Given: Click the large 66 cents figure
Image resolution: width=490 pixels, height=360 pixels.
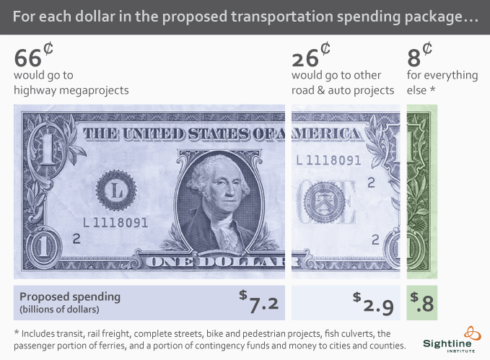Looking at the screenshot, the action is pyautogui.click(x=34, y=56).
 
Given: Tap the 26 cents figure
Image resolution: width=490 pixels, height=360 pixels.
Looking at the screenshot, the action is pyautogui.click(x=311, y=56).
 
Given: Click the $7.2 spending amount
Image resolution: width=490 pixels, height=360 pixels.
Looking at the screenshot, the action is pyautogui.click(x=259, y=302).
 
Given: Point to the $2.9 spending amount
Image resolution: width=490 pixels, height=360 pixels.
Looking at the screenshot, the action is pyautogui.click(x=373, y=303).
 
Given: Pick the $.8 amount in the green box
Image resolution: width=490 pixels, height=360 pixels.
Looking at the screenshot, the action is pyautogui.click(x=422, y=302).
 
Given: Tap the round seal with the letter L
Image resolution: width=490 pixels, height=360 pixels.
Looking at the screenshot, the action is pyautogui.click(x=117, y=190).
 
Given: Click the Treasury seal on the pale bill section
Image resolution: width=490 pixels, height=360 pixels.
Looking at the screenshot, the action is pyautogui.click(x=324, y=201).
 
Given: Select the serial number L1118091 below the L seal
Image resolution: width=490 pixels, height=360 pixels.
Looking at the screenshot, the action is pyautogui.click(x=115, y=223).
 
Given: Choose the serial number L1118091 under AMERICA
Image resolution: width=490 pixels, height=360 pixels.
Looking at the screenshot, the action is pyautogui.click(x=328, y=160).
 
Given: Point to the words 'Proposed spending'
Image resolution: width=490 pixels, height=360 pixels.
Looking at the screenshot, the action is pyautogui.click(x=70, y=297).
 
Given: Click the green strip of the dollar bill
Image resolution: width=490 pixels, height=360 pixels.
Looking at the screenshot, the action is pyautogui.click(x=422, y=192).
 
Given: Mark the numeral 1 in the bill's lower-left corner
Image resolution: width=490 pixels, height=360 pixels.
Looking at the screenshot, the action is pyautogui.click(x=44, y=247).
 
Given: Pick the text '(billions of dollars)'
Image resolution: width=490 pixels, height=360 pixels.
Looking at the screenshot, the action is pyautogui.click(x=59, y=309).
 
